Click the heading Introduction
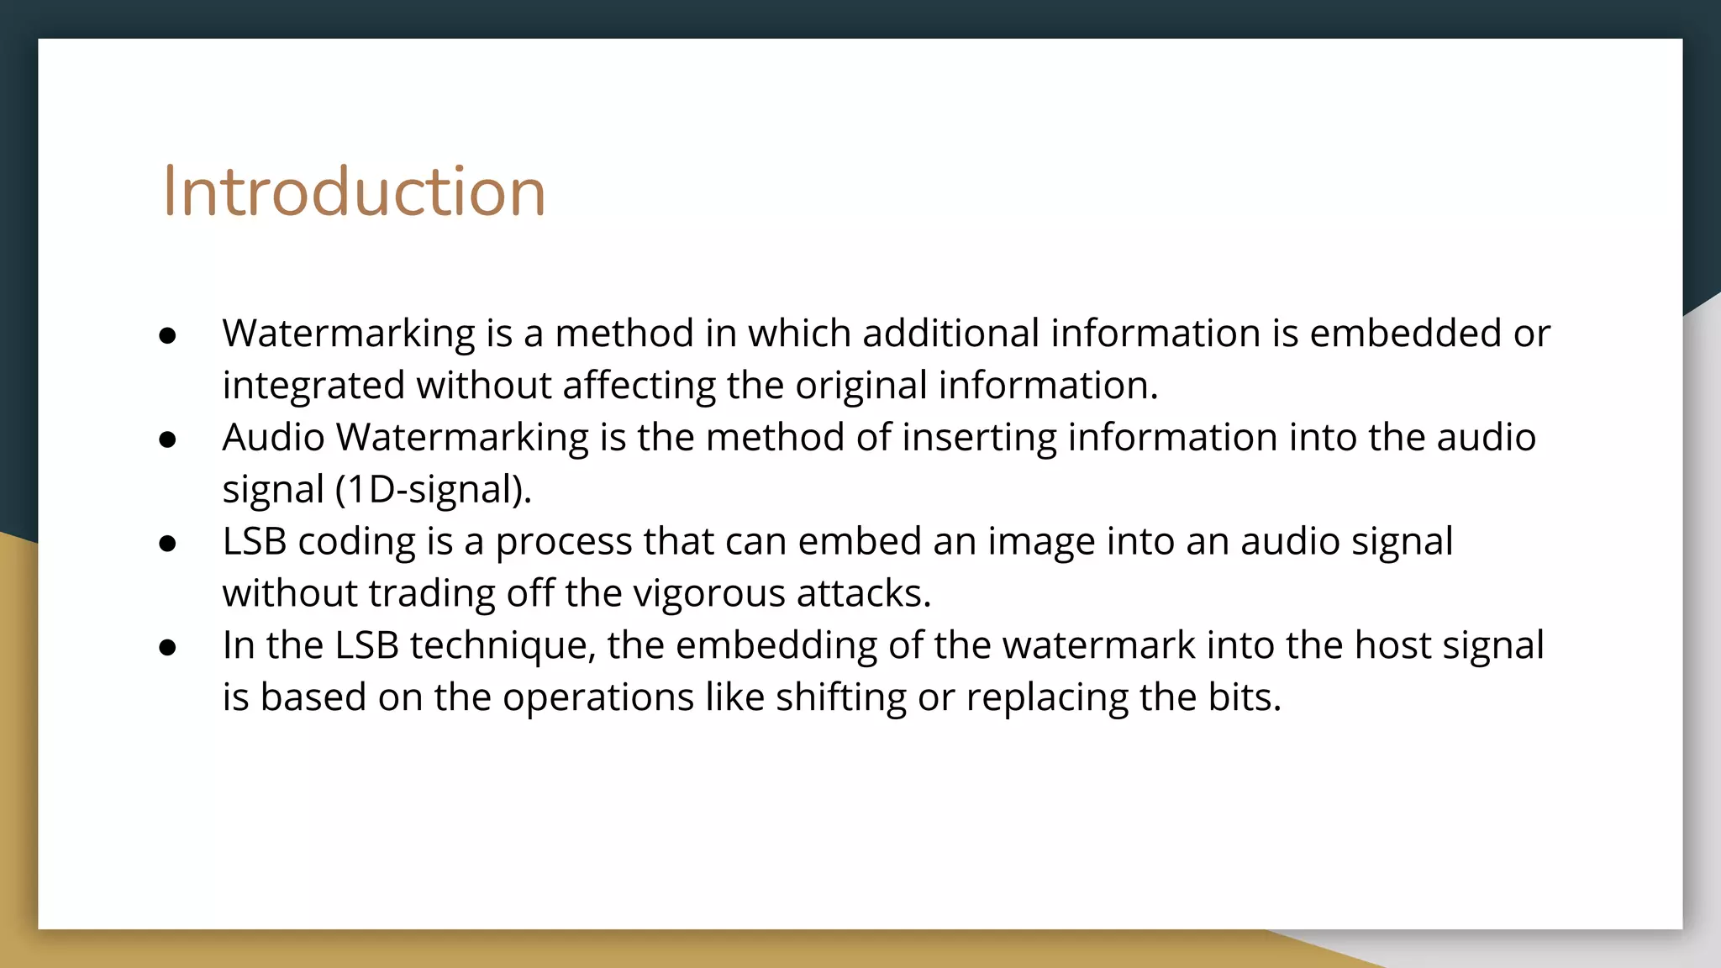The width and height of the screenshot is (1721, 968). point(354,192)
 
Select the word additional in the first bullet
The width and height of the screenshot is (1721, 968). point(951,334)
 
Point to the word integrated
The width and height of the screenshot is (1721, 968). point(313,387)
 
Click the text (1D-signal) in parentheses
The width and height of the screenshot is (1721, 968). point(433,490)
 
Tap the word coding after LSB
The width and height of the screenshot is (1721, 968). point(356,542)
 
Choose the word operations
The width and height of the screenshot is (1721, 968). point(598,698)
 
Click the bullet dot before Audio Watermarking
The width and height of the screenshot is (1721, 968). point(167,439)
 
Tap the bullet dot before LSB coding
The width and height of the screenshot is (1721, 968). point(167,544)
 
